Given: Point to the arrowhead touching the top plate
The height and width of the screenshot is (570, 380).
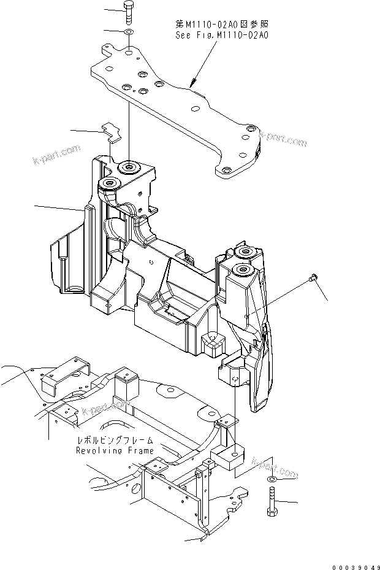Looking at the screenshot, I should tap(192, 83).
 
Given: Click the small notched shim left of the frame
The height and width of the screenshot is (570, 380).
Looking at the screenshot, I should tap(109, 130).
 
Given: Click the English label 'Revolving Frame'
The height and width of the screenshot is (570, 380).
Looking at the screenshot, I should tap(115, 450).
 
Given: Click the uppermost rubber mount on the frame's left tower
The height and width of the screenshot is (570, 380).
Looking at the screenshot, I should tap(129, 168).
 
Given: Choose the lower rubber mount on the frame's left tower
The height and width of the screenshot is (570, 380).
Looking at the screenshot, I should tap(111, 183).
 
